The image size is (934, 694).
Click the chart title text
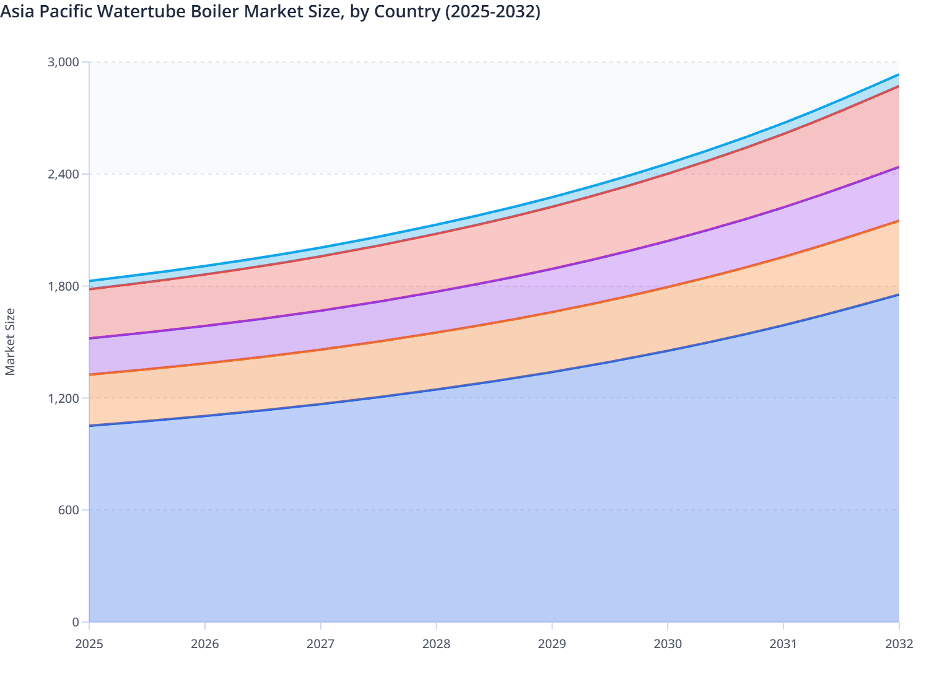[270, 11]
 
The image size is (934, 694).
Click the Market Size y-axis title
[10, 341]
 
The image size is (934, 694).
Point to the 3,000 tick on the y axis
[64, 62]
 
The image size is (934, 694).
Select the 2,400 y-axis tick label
[64, 174]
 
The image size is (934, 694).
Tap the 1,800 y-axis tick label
[64, 286]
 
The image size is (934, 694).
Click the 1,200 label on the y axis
[64, 398]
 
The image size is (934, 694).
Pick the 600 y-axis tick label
[69, 510]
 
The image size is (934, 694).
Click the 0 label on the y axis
[76, 622]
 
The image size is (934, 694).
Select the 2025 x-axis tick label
[89, 644]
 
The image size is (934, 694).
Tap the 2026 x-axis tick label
[205, 644]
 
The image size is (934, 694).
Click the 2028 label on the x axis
[436, 644]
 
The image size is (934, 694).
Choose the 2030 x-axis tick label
[668, 644]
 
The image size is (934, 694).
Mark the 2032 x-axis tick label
[899, 644]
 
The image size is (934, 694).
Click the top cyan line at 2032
[898, 75]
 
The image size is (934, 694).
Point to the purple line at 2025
[90, 338]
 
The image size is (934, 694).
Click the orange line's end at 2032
[898, 221]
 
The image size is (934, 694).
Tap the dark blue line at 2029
[552, 372]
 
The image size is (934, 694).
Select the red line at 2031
[783, 133]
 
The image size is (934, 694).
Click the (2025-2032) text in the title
[492, 11]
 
